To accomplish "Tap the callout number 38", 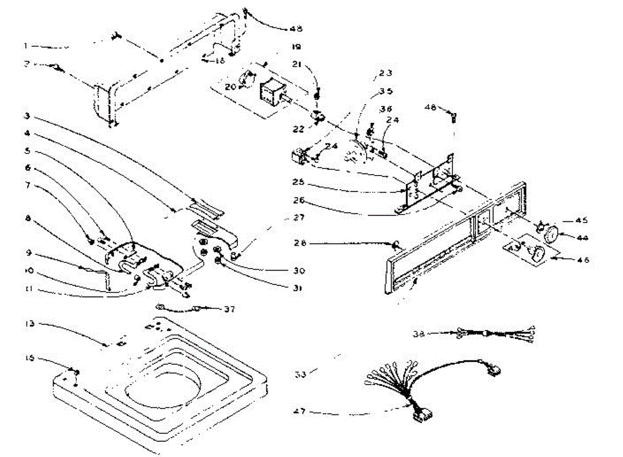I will click(419, 333).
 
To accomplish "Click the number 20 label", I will click(230, 86).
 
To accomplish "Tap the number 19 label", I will click(296, 47).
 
